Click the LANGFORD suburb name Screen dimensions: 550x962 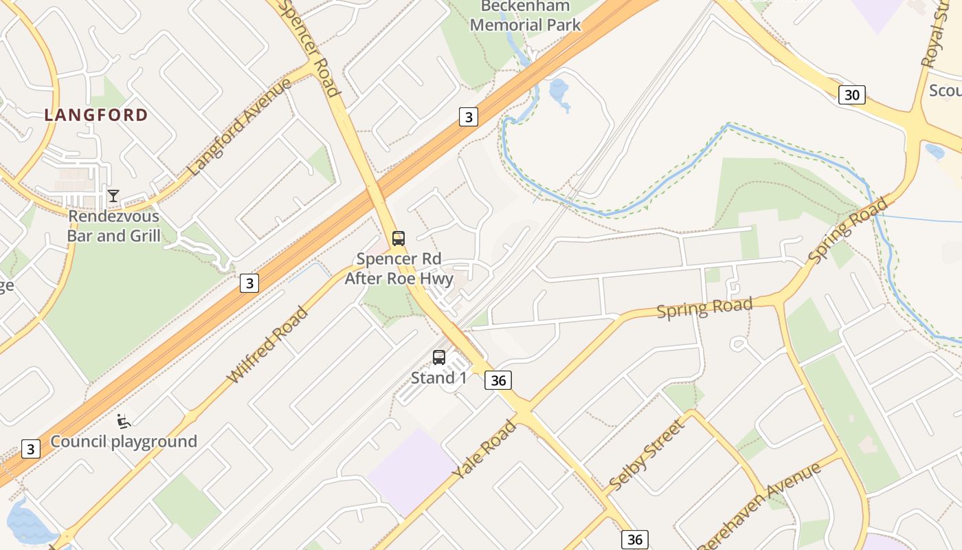pos(96,115)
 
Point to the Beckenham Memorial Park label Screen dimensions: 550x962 pos(526,16)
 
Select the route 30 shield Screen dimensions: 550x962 pos(851,95)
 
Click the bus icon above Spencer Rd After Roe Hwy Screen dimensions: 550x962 pos(399,239)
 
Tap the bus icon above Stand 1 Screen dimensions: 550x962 pos(439,357)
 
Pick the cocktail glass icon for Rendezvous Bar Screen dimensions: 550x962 pos(113,196)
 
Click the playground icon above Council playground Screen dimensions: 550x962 pos(124,421)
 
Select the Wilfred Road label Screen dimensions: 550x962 pos(267,345)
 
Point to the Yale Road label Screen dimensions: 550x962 pos(484,450)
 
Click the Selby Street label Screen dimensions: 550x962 pos(647,455)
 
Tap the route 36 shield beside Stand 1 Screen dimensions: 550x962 pos(498,379)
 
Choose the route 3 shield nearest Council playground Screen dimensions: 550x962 pos(30,449)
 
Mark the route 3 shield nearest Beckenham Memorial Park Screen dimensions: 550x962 pos(468,117)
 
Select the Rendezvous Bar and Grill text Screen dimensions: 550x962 pos(113,226)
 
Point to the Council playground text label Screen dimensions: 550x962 pos(124,441)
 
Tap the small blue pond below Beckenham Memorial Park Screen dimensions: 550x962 pos(559,91)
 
